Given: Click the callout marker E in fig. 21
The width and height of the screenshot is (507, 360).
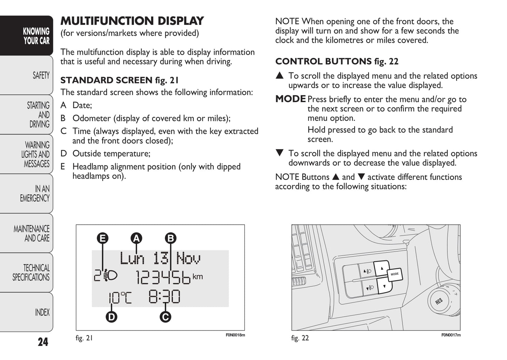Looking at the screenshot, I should point(103,239).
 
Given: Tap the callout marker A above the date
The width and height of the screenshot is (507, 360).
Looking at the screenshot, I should point(136,239).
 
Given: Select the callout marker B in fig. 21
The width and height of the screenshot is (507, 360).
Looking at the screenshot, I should point(171,239).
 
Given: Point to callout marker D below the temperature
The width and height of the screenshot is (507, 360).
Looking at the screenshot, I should point(112,317).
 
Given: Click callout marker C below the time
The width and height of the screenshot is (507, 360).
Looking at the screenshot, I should point(165,317).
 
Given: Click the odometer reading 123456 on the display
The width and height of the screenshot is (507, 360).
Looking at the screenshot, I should point(163,278).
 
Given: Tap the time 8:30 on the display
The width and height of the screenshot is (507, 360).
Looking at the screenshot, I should point(164,297).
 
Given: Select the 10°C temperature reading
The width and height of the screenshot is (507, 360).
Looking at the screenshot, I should point(120,298).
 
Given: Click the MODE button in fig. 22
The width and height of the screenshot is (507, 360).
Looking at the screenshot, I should point(395,274).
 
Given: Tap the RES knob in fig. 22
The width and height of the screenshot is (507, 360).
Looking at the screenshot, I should point(439,301).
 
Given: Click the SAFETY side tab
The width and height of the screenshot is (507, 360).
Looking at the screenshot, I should point(41,75).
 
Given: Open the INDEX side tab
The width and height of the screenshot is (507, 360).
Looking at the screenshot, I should point(42,312).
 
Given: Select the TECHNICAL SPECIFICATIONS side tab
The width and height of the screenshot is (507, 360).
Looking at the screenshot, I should point(31,273).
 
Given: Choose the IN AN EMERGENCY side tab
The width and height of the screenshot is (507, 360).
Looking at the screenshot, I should point(35,193).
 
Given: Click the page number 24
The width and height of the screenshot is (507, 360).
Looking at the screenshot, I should point(43,342).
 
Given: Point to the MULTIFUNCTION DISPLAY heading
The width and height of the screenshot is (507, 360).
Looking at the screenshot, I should point(132,21).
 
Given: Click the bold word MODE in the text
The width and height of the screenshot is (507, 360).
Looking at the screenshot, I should point(291,99).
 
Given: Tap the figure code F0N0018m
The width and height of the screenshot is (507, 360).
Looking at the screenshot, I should point(235,335).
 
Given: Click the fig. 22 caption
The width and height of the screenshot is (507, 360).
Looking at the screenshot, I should point(300,338).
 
